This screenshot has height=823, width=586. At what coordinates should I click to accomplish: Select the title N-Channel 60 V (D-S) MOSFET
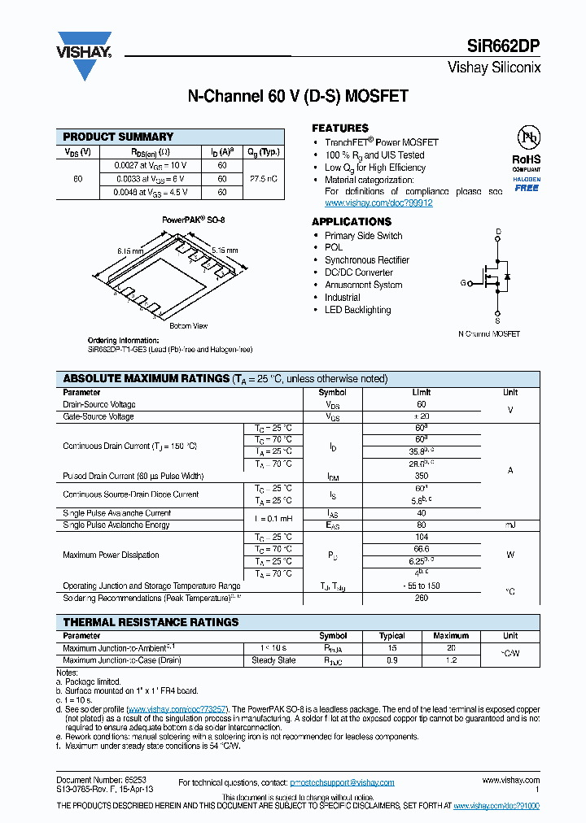tap(298, 97)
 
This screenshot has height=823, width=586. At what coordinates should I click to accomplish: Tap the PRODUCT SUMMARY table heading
tap(118, 137)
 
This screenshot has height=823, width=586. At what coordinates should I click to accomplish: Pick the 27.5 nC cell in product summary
tap(264, 178)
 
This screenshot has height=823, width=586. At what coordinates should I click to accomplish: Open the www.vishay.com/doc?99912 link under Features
tap(378, 203)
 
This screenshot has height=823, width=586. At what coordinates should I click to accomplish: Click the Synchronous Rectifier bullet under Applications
tap(367, 260)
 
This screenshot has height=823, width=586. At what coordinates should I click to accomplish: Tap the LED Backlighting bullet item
tap(357, 310)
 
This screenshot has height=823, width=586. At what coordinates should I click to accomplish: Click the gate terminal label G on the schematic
tap(463, 283)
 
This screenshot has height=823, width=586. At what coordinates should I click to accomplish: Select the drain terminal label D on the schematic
tap(498, 233)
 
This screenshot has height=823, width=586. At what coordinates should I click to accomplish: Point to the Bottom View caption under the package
tap(188, 325)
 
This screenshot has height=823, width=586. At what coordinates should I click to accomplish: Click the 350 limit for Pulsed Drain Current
tap(422, 476)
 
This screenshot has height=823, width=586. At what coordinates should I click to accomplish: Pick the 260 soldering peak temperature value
tap(422, 598)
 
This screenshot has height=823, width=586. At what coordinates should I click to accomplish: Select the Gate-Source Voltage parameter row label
tap(98, 416)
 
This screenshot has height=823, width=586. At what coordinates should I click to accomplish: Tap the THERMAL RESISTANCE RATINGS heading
tap(151, 622)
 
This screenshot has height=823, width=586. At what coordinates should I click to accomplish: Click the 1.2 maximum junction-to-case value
tap(451, 660)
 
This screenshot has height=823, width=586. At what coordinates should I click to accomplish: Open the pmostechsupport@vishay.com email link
tap(342, 782)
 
